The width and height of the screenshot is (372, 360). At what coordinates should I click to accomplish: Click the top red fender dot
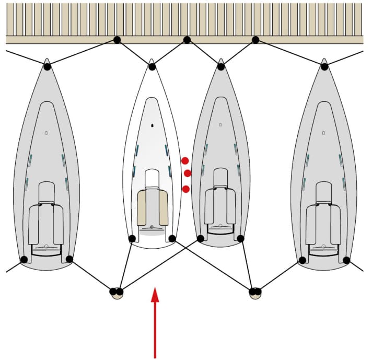coord(185,160)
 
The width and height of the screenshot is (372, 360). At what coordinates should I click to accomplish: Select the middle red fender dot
coord(188,173)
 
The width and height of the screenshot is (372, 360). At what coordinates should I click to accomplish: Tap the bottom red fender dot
coord(185,189)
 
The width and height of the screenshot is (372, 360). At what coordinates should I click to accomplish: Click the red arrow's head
coord(155,295)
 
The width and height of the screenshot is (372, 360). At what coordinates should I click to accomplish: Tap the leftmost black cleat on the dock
coord(117,40)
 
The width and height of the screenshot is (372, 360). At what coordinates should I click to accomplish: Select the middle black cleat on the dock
coord(187,40)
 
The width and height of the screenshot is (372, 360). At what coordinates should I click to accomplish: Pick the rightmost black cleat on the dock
coord(255,40)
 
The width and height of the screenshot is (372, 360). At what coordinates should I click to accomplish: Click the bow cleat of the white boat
coord(152,66)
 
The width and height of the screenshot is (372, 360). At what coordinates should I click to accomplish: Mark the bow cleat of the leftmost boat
coord(47,66)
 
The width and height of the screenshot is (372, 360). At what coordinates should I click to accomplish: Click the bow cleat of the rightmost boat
coord(324,66)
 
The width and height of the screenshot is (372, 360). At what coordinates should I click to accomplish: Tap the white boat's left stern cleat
coord(132,239)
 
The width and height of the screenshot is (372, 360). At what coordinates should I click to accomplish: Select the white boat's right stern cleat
coord(172,239)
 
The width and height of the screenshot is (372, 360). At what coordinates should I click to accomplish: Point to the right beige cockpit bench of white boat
coord(162,208)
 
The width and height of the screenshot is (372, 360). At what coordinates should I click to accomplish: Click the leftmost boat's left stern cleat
coord(24,259)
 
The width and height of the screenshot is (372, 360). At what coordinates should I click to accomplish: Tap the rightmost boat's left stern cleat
coord(301,259)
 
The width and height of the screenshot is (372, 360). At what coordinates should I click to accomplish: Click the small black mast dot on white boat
coord(152,125)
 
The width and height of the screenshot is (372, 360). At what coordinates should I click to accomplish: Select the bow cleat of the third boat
coord(220,66)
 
